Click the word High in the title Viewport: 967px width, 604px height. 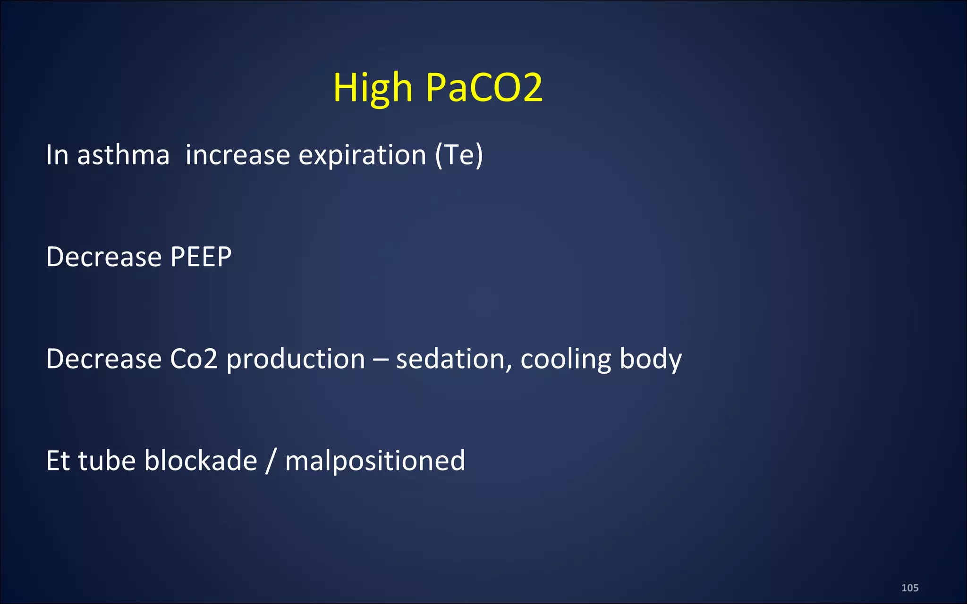pyautogui.click(x=373, y=88)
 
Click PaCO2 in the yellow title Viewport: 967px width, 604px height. pyautogui.click(x=484, y=88)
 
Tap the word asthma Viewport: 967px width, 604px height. pyautogui.click(x=123, y=155)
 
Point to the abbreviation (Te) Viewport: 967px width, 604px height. pyautogui.click(x=459, y=155)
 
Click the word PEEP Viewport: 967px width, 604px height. pyautogui.click(x=201, y=257)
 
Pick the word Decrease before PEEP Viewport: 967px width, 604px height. pyautogui.click(x=104, y=257)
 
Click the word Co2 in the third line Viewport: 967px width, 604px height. pyautogui.click(x=194, y=359)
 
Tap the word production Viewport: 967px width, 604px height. pyautogui.click(x=296, y=359)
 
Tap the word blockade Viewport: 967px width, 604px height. pyautogui.click(x=201, y=461)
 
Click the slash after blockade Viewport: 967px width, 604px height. pyautogui.click(x=271, y=461)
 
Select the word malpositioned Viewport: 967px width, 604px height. pyautogui.click(x=375, y=461)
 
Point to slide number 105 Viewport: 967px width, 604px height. pyautogui.click(x=909, y=588)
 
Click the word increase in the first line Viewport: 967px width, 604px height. pyautogui.click(x=238, y=155)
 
